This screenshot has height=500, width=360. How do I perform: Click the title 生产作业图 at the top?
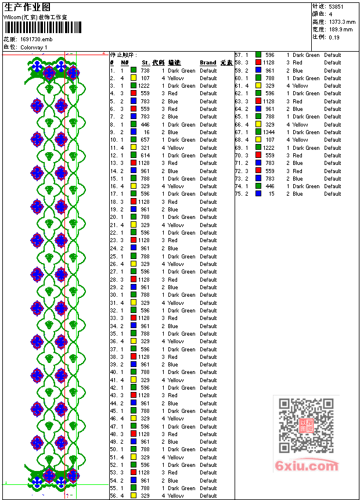point(27,7)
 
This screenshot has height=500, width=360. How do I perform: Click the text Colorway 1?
point(34,47)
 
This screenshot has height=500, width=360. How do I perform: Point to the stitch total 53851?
point(336,6)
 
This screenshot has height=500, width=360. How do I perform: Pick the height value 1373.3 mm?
point(341,21)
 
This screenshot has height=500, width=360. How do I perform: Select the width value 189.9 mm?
point(340,29)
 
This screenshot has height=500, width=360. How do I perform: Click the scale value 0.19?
point(334,37)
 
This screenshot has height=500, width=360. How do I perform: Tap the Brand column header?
point(208,63)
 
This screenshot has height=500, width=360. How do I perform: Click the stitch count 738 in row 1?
point(145,70)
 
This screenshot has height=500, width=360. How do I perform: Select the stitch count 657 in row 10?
point(145,140)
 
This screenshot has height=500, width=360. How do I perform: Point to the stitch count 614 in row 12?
point(145,156)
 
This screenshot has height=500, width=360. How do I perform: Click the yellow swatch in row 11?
point(134,148)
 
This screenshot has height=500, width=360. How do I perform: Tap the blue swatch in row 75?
point(258,194)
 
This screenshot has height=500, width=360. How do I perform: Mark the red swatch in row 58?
point(258,62)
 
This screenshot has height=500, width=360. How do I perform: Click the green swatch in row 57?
point(258,55)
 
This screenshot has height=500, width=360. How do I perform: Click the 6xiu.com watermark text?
point(307,466)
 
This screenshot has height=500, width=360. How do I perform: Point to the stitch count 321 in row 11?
point(145,148)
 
